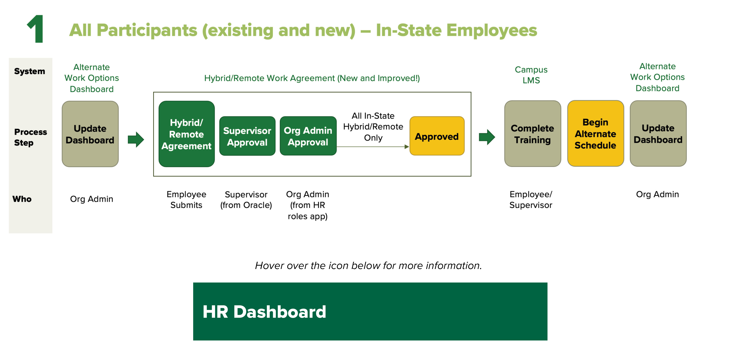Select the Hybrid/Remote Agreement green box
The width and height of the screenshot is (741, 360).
tap(186, 134)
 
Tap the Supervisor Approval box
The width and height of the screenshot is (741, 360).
tap(247, 136)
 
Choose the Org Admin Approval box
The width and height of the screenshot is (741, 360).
tap(308, 136)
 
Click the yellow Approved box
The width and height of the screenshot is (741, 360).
tap(437, 136)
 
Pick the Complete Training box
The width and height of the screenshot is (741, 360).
tap(532, 134)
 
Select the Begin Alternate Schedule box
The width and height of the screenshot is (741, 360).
tap(595, 134)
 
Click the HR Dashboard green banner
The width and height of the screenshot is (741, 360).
tap(370, 311)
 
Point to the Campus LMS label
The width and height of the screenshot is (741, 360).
tap(531, 75)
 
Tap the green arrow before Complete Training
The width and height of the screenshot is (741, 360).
tap(487, 137)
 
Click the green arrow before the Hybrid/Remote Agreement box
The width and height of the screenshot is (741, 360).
tap(136, 140)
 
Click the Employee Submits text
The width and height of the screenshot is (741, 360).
tap(186, 200)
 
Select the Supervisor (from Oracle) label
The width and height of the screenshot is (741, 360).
tap(246, 200)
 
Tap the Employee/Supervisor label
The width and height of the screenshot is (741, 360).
tap(531, 200)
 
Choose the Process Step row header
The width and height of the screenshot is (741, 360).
tap(30, 137)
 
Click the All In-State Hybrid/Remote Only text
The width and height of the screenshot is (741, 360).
tap(373, 127)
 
